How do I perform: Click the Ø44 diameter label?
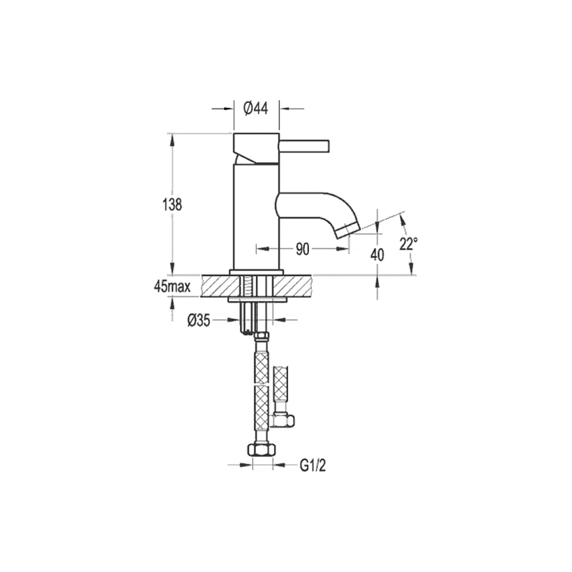[256, 109]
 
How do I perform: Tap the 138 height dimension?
[172, 204]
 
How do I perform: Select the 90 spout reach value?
[302, 249]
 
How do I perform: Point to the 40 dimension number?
[378, 255]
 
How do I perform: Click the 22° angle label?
[408, 244]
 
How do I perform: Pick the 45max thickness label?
[172, 287]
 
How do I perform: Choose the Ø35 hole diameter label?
[199, 320]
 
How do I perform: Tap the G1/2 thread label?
[312, 465]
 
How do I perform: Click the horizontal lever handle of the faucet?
[305, 145]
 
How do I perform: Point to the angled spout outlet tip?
[348, 232]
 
